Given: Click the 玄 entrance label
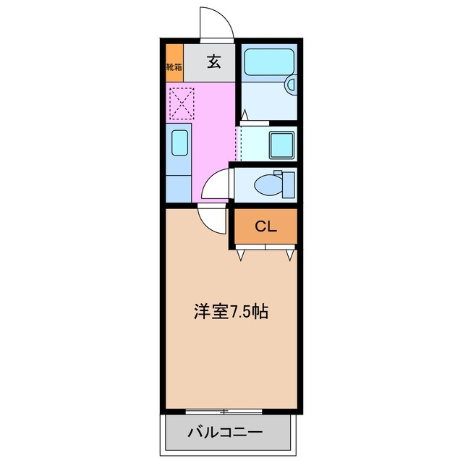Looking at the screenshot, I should [x=213, y=62].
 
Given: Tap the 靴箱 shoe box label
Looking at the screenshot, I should [x=174, y=67].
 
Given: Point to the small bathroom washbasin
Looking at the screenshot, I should [x=291, y=85].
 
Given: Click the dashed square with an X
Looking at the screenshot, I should [x=181, y=103].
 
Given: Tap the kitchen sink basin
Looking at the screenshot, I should [x=180, y=142].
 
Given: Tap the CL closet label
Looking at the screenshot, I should [x=266, y=226].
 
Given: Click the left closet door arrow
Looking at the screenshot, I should [x=242, y=253].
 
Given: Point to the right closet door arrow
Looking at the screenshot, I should [x=289, y=253].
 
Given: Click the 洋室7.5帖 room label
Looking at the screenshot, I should [x=231, y=312].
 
